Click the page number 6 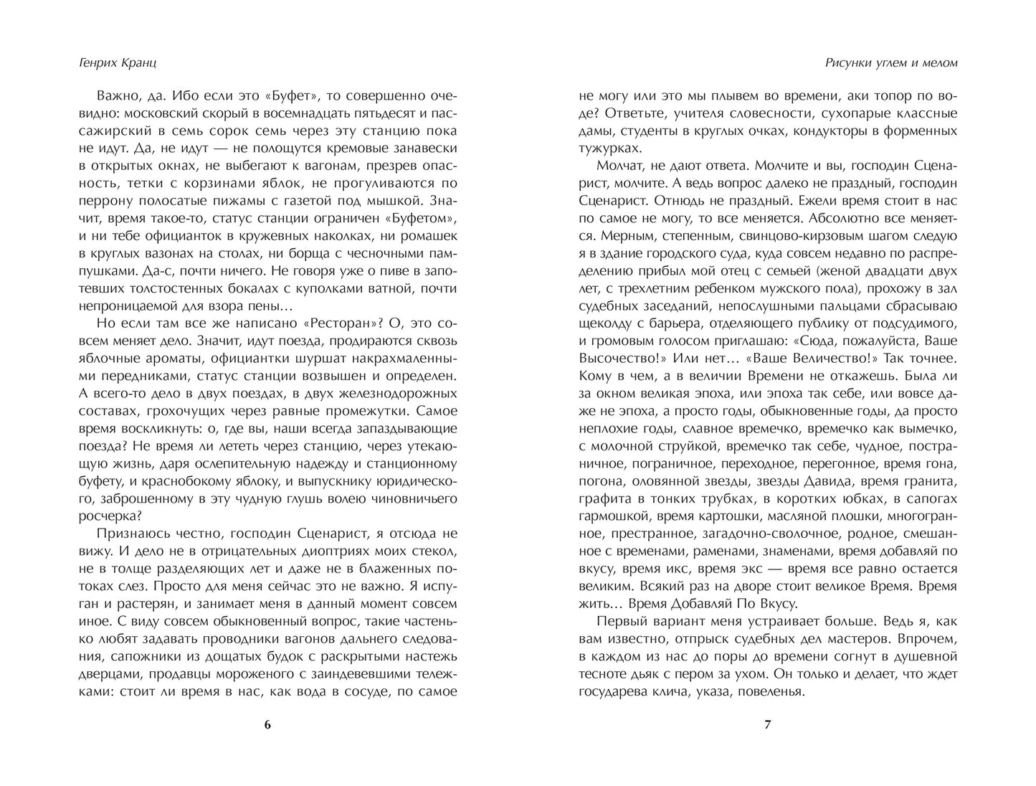coord(267,724)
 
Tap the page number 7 coord(769,724)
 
